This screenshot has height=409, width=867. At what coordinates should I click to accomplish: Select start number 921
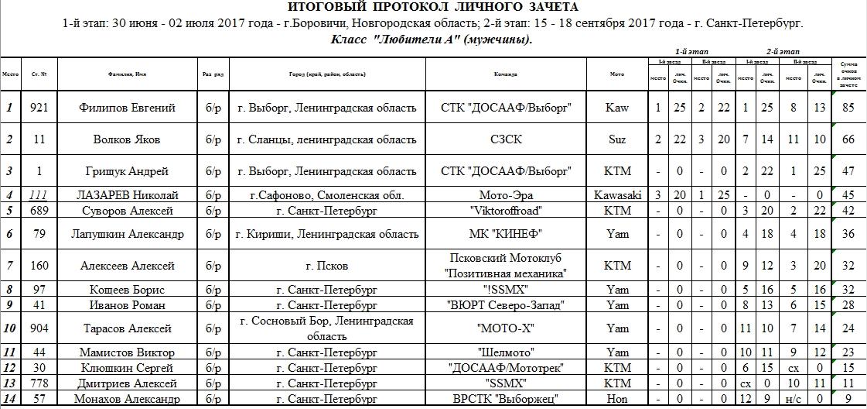point(39,107)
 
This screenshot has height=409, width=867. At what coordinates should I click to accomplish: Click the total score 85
point(848,107)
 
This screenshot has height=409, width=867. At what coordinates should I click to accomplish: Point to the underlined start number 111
point(39,195)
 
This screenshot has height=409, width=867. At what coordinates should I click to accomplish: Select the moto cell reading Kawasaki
point(617,195)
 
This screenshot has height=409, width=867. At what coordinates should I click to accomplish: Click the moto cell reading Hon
point(617,400)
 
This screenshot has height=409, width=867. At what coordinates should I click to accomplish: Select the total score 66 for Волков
point(848,139)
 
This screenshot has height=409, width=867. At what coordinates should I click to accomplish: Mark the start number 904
point(39,328)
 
